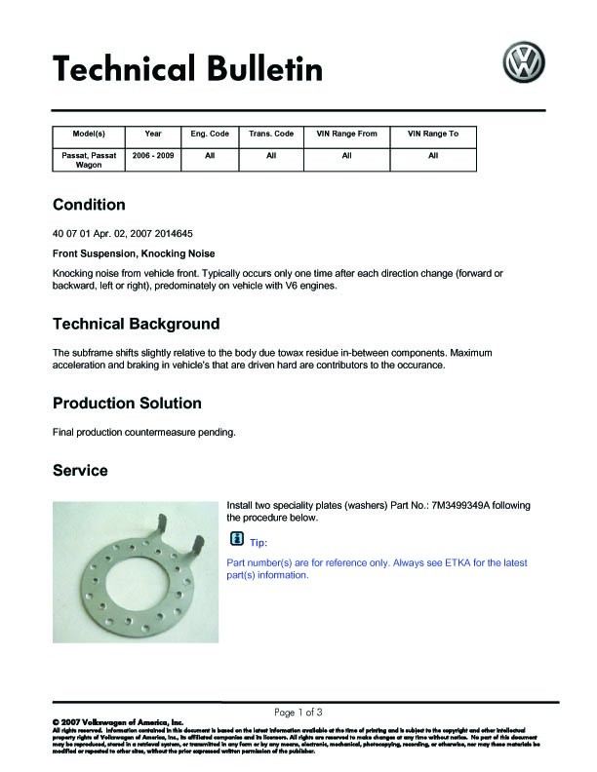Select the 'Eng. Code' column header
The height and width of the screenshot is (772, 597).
210,134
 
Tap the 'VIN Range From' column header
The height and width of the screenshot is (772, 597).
347,134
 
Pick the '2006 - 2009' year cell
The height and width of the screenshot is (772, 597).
152,156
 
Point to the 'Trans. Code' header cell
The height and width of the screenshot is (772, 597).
271,134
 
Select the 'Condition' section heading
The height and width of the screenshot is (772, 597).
89,205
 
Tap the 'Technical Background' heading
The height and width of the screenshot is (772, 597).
136,324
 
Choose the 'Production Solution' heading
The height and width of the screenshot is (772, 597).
127,403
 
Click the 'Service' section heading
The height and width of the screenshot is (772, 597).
80,470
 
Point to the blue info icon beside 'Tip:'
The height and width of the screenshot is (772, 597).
236,540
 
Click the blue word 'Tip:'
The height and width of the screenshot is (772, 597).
259,542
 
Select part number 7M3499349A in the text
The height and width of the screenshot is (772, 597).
458,505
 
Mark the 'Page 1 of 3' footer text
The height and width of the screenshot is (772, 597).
298,711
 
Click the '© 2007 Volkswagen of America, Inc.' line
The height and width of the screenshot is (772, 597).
103,722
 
